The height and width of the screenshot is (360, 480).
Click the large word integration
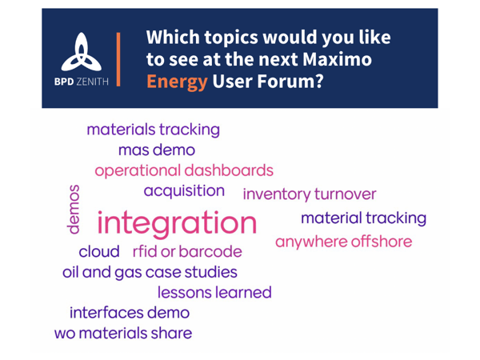click(177, 224)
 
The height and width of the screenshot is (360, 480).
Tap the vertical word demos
click(74, 210)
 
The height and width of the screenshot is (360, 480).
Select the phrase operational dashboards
click(184, 171)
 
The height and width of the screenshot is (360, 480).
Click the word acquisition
click(184, 191)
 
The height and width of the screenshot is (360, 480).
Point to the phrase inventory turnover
click(310, 194)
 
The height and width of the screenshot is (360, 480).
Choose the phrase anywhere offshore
click(344, 242)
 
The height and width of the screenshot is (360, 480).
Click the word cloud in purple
click(99, 252)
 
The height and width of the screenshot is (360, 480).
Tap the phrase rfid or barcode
click(187, 252)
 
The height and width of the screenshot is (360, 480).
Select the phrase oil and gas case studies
click(150, 272)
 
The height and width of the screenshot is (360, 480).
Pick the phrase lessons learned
click(214, 292)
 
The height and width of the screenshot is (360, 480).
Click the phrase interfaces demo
click(130, 313)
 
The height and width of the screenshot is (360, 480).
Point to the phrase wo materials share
click(123, 333)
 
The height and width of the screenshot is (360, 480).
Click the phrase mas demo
click(157, 150)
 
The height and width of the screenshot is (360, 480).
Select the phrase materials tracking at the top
click(154, 130)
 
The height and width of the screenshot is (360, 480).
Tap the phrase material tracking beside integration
click(364, 218)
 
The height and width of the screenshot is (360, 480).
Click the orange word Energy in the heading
click(177, 82)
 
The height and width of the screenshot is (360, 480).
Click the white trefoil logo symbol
click(81, 52)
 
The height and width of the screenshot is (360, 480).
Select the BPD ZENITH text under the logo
click(81, 82)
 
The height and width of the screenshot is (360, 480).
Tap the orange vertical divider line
click(118, 59)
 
